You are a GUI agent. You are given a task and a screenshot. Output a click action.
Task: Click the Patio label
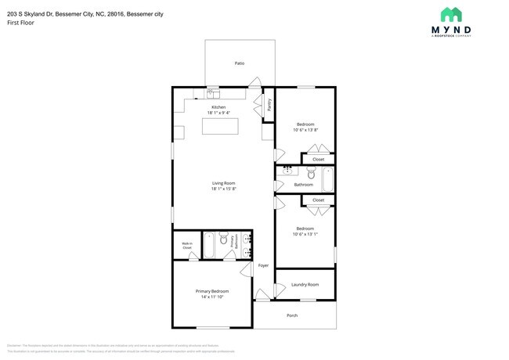[239, 63]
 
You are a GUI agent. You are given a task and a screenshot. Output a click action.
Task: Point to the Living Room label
[223, 183]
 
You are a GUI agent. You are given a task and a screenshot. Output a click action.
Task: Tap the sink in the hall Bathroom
[287, 170]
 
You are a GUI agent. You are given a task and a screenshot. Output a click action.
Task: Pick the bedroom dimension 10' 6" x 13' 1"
[305, 233]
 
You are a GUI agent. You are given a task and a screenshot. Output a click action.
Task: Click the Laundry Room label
[305, 284]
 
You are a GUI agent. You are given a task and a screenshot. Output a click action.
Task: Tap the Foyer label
[263, 265]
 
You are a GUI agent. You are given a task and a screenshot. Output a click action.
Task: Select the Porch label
[292, 315]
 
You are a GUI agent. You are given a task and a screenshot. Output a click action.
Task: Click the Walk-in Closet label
[187, 245]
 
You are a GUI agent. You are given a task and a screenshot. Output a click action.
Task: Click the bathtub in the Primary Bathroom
[209, 244]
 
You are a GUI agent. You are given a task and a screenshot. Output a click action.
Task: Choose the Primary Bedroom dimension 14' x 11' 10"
[212, 297]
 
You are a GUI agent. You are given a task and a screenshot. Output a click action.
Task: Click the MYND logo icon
[450, 14]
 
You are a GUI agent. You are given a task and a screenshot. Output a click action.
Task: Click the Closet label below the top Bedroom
[318, 159]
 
